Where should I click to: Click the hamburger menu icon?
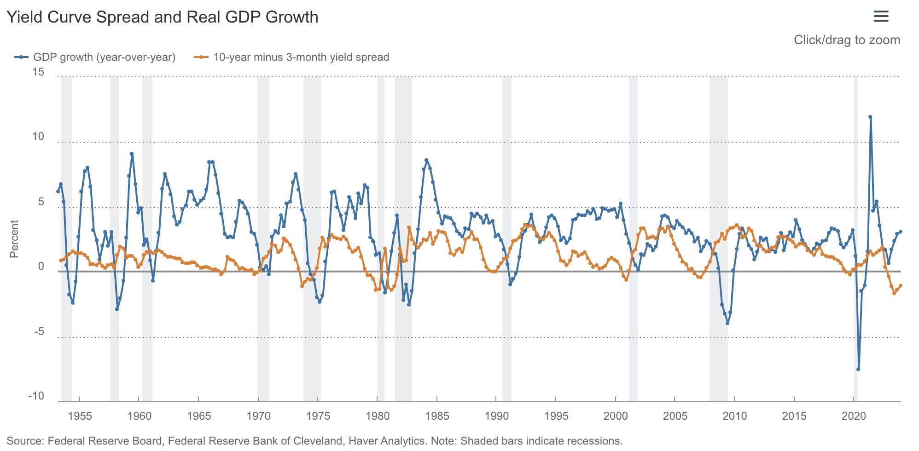click(x=881, y=17)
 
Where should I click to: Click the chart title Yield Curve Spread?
click(x=162, y=17)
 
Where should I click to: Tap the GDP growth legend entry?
click(x=95, y=57)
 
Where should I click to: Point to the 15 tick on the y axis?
click(x=38, y=72)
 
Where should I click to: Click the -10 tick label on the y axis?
click(x=36, y=396)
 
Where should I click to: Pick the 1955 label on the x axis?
click(x=80, y=416)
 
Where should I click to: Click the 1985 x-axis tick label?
click(x=437, y=416)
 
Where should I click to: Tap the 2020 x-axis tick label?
click(x=854, y=416)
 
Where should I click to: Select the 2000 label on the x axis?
click(x=616, y=416)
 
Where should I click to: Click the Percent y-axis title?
click(x=14, y=239)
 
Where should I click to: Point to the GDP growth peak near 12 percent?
click(x=870, y=117)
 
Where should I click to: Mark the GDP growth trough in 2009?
click(x=727, y=323)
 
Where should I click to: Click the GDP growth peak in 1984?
click(x=426, y=160)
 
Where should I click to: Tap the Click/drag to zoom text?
click(x=847, y=40)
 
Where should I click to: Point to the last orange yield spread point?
click(x=901, y=286)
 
